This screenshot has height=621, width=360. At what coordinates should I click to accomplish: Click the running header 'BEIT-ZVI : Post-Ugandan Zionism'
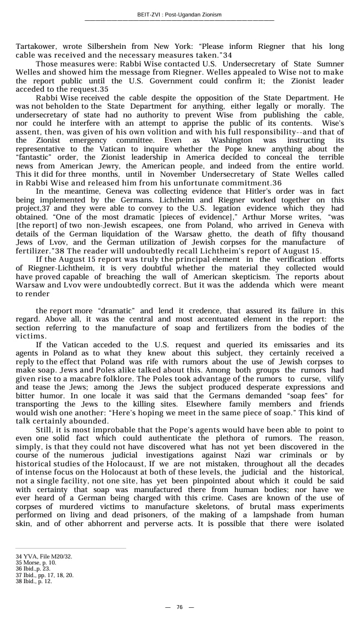pos(179,15)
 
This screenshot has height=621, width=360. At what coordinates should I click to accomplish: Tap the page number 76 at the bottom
pos(179,607)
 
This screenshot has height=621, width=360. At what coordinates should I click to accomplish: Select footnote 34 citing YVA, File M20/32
pos(44,557)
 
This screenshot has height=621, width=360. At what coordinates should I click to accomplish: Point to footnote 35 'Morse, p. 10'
pos(36,563)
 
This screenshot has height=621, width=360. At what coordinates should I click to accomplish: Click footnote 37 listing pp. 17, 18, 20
pos(44,575)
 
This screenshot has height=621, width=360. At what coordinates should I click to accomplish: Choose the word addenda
pos(254,285)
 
